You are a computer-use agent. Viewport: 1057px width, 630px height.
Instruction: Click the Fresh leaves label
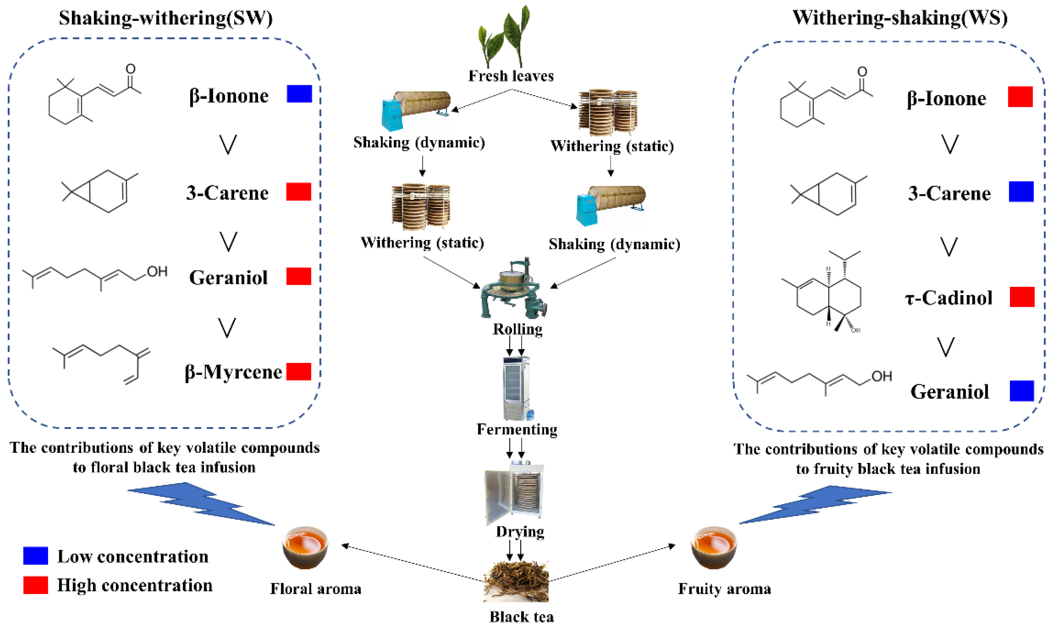coord(511,76)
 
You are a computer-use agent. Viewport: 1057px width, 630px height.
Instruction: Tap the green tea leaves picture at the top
coord(504,36)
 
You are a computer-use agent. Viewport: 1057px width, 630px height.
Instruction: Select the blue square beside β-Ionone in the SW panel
coord(299,94)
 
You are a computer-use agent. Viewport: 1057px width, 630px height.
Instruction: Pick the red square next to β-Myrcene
coord(299,372)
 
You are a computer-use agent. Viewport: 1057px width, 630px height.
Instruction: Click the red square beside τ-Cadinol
coord(1022,297)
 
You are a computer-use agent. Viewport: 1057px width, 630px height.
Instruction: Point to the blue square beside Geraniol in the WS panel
coord(1022,391)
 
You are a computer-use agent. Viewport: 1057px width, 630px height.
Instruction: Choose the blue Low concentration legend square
coord(36,556)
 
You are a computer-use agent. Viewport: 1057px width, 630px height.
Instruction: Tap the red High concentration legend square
coord(36,585)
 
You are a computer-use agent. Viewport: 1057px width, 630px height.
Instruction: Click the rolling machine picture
coord(513,288)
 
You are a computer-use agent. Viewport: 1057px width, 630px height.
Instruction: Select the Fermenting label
coord(517,429)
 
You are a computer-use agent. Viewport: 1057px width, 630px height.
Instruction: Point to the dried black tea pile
coord(516,581)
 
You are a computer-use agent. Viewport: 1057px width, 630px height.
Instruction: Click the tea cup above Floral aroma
coord(305,547)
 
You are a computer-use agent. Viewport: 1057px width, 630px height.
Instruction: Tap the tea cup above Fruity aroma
coord(714,547)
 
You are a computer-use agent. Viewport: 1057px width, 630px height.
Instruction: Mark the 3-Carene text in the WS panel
coord(949,193)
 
